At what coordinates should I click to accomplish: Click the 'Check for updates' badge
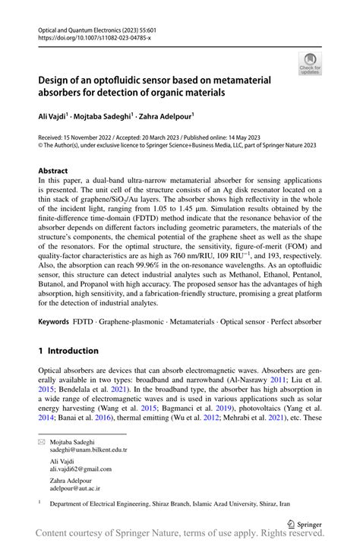309,65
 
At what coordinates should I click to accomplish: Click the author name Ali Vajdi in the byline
53,116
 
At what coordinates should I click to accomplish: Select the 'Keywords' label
55,323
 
